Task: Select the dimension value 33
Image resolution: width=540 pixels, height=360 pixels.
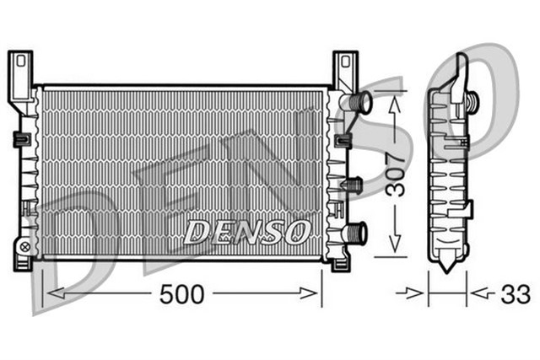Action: coord(516,295)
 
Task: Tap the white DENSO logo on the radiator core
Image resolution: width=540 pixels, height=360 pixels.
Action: coord(247,230)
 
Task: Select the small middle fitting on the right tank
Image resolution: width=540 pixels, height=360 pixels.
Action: coord(354,184)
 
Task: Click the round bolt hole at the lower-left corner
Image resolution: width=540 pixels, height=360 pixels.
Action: coord(24,247)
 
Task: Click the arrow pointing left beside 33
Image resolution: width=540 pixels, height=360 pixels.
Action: coord(478,294)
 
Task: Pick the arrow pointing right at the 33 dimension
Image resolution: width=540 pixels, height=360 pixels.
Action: coord(417,294)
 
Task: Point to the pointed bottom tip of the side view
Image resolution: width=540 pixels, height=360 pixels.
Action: coord(447,267)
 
